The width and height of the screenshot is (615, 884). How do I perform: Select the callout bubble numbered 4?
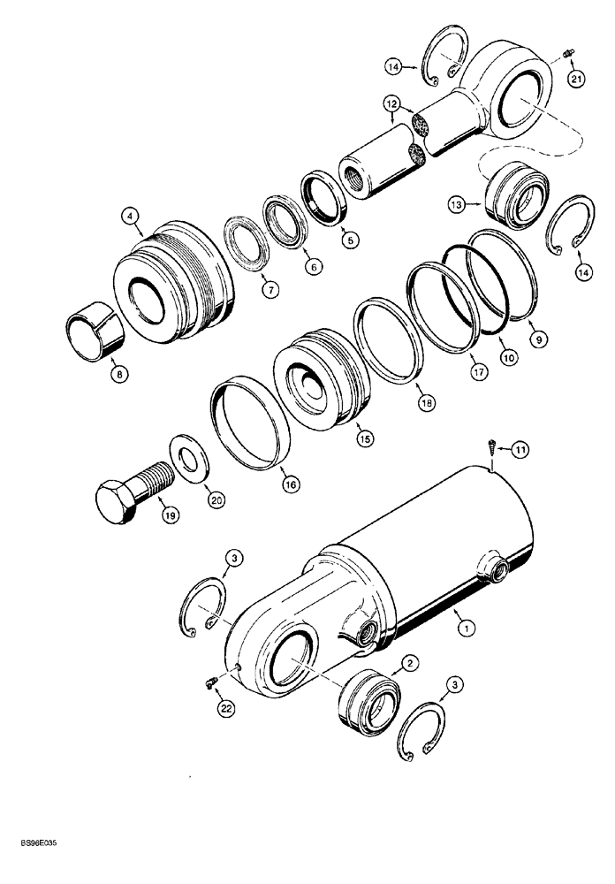pyautogui.click(x=129, y=214)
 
